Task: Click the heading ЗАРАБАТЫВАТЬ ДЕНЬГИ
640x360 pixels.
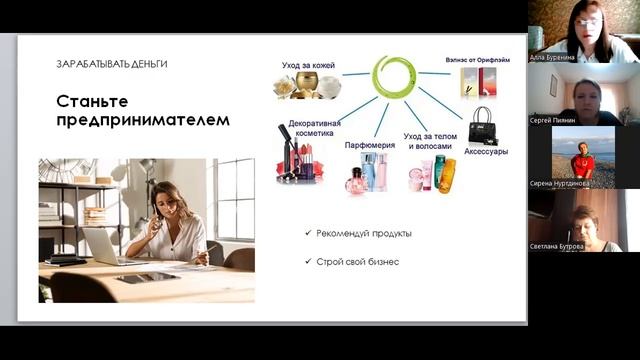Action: [x=112, y=64]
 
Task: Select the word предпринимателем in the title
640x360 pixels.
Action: [x=142, y=120]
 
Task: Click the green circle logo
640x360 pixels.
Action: [x=393, y=76]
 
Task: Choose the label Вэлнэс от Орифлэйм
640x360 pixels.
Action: [x=477, y=60]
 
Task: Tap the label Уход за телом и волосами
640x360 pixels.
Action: [x=434, y=140]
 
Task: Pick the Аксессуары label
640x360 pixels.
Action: [x=486, y=152]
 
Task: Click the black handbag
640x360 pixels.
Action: [x=483, y=125]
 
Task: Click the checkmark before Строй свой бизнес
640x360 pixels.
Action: [x=308, y=262]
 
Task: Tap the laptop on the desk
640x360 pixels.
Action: [x=103, y=245]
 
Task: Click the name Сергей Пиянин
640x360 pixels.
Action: [x=553, y=120]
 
